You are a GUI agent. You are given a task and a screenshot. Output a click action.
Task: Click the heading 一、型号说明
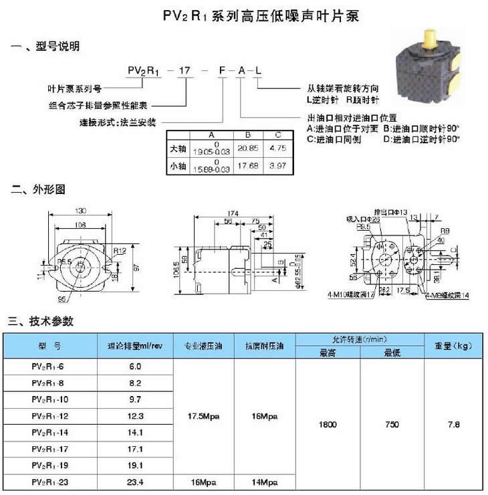click(45, 47)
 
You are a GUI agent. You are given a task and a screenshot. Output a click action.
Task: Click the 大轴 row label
click(178, 147)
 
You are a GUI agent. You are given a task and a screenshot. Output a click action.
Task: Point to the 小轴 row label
click(178, 165)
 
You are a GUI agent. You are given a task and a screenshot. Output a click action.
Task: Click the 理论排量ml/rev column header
click(135, 346)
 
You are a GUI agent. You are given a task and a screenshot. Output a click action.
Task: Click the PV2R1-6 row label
click(50, 367)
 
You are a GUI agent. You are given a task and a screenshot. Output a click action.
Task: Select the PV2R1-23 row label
click(50, 481)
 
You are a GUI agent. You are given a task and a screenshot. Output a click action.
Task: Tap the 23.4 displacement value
click(135, 481)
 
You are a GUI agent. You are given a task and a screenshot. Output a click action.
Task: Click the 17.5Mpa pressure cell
click(204, 416)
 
